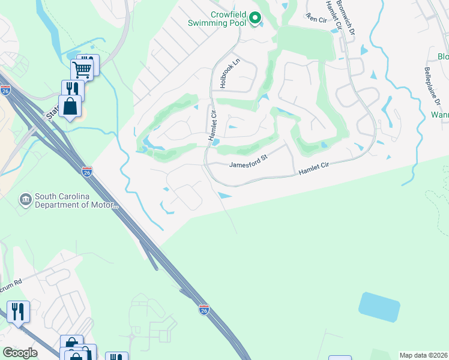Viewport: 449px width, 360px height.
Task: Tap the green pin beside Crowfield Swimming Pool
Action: [255, 19]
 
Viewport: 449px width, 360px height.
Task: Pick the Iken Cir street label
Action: [316, 18]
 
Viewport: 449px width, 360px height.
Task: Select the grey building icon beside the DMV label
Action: [25, 199]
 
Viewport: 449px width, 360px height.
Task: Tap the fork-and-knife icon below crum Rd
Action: [18, 311]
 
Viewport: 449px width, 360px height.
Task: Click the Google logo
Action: [20, 353]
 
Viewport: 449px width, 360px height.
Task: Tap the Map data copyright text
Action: [423, 355]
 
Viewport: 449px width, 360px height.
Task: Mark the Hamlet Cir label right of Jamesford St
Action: [314, 169]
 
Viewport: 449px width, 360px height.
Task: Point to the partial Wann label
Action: [439, 114]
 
